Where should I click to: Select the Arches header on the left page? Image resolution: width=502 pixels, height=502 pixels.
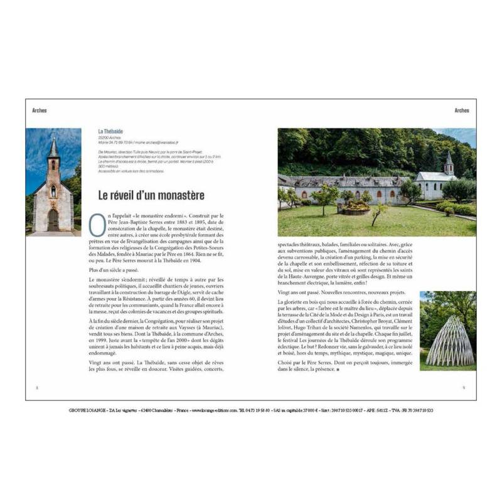[x=40, y=110]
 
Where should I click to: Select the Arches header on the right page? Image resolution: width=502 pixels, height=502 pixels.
[x=461, y=110]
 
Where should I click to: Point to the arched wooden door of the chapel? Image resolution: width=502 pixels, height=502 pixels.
[x=53, y=220]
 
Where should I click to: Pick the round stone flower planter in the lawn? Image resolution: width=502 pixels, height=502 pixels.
[x=356, y=206]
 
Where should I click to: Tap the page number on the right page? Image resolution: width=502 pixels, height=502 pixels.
[x=463, y=388]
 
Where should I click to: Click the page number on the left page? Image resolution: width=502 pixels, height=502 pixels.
[x=37, y=388]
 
